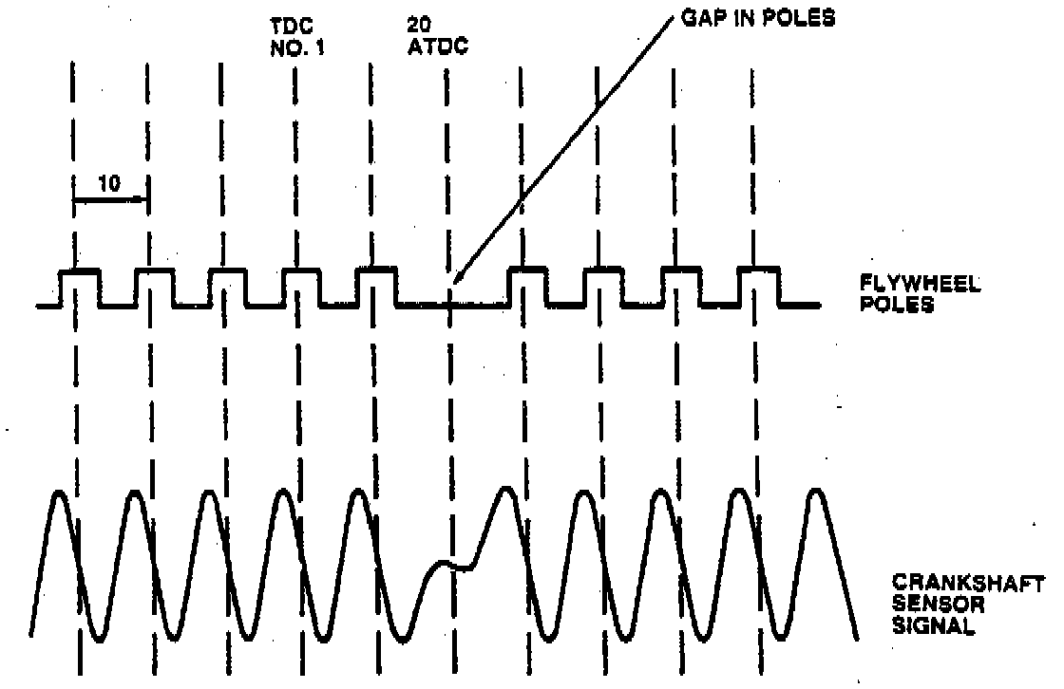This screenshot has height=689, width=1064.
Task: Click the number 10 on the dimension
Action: point(109,184)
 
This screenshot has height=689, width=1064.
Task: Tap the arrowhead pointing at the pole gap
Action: point(457,277)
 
